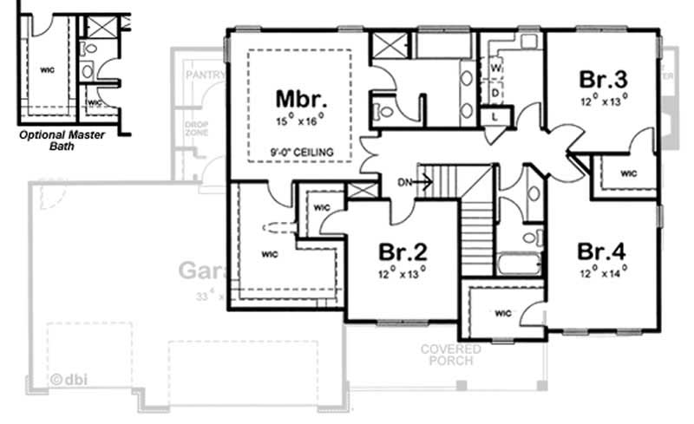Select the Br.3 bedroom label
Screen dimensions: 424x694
pyautogui.click(x=603, y=79)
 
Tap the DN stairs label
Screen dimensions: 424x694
pyautogui.click(x=404, y=182)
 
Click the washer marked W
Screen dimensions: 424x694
pyautogui.click(x=497, y=67)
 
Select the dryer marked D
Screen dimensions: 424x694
pyautogui.click(x=497, y=91)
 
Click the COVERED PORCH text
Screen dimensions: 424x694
pyautogui.click(x=451, y=355)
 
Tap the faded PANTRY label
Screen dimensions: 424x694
pyautogui.click(x=205, y=76)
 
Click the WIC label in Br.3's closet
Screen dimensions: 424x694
pyautogui.click(x=628, y=173)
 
